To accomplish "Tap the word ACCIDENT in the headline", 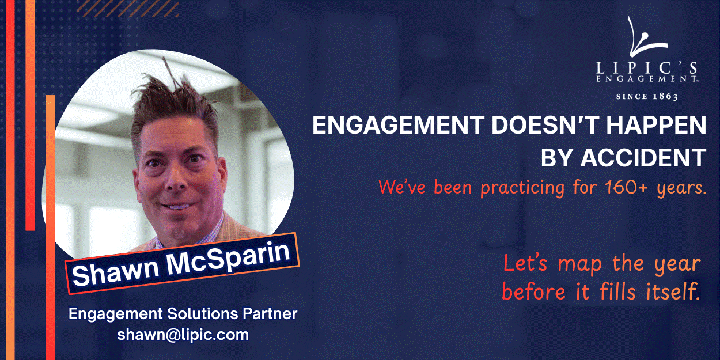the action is pyautogui.click(x=643, y=157).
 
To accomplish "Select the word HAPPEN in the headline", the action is pyautogui.click(x=656, y=125).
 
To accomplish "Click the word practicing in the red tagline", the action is pyautogui.click(x=522, y=188).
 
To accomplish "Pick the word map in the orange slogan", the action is pyautogui.click(x=580, y=265).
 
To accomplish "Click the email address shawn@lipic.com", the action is pyautogui.click(x=183, y=335).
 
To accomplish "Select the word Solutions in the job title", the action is pyautogui.click(x=203, y=313).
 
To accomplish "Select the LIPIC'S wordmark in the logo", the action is pyautogui.click(x=647, y=69).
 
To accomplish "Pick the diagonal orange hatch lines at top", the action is pyautogui.click(x=128, y=9).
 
